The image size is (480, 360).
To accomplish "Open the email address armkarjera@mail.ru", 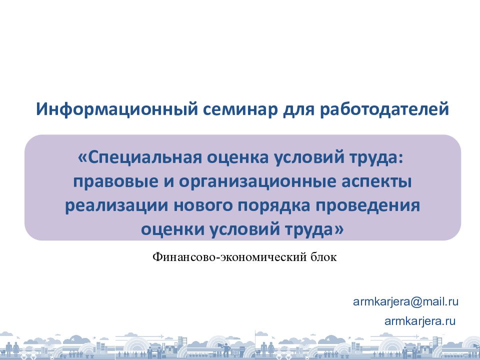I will pyautogui.click(x=405, y=301).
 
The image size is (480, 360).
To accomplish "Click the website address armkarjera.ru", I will pyautogui.click(x=419, y=321).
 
